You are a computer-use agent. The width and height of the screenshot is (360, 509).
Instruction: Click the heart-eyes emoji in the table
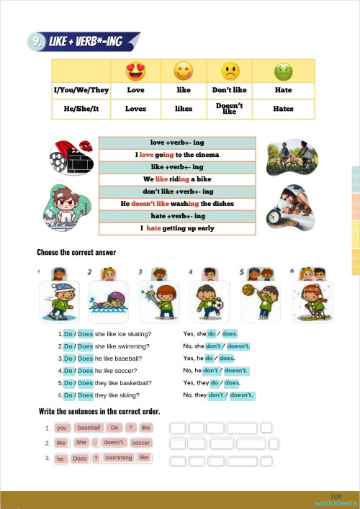pos(135,71)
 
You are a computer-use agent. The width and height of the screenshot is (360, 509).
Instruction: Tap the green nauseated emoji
pos(283,71)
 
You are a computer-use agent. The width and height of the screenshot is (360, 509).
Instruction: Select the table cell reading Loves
pos(135,109)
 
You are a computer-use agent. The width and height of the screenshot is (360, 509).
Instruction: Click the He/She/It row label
pos(81,109)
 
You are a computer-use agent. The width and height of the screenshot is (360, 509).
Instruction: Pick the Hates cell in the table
pos(283,109)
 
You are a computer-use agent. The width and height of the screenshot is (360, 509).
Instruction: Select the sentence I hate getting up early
pos(177,228)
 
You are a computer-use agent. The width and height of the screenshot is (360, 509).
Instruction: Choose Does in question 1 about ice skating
pos(85,334)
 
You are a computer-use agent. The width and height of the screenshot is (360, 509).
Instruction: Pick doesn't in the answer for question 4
pos(235,371)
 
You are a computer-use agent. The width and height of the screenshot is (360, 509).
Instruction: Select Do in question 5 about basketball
pos(68,383)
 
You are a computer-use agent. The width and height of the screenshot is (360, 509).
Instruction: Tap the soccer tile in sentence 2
pos(141,443)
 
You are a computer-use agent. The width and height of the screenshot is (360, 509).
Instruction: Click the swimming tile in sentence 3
pos(119,458)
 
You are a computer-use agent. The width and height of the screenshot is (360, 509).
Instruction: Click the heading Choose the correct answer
pos(76,252)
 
